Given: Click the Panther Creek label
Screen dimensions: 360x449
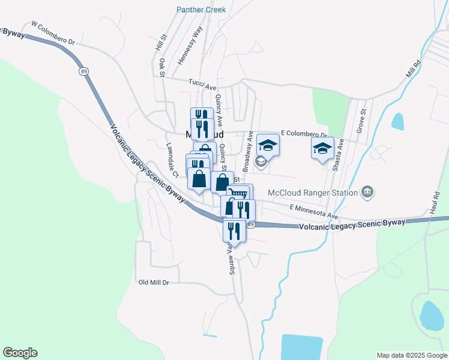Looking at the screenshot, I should tap(200, 10).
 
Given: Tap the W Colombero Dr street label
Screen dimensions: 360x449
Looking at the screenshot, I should tap(53, 34).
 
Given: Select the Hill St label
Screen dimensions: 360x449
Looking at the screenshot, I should tap(159, 42).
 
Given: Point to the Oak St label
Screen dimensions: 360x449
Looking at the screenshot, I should tap(161, 67).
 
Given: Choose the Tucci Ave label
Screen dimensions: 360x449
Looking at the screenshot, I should tap(202, 85).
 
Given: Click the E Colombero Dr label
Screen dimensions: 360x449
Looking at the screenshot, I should tap(304, 134).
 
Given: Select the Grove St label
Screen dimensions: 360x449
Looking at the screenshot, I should tap(361, 121).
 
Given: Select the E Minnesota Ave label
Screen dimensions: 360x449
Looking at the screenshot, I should tap(314, 211).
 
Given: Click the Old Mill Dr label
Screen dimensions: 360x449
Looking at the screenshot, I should tap(154, 282).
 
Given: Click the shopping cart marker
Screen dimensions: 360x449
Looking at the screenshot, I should tap(239, 194).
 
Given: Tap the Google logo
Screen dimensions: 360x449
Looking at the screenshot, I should tap(20, 353).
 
